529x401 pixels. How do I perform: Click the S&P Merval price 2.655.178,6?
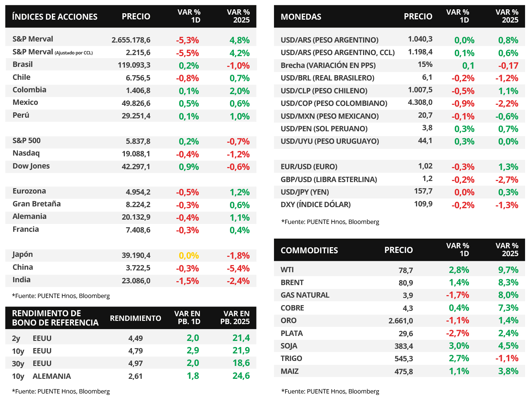pyautogui.click(x=131, y=40)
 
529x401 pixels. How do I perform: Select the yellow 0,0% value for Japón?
pyautogui.click(x=189, y=255)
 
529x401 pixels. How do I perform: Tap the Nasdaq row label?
pyautogui.click(x=26, y=153)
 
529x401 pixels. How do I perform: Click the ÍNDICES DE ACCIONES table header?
pyautogui.click(x=55, y=17)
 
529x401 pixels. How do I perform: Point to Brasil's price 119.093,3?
pyautogui.click(x=134, y=65)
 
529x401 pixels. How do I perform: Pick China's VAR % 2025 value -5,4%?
pyautogui.click(x=238, y=268)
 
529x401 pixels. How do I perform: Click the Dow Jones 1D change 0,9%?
pyautogui.click(x=189, y=167)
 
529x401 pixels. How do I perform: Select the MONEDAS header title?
pyautogui.click(x=301, y=17)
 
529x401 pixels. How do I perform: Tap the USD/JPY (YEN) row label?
pyautogui.click(x=305, y=192)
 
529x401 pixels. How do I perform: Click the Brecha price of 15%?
pyautogui.click(x=425, y=65)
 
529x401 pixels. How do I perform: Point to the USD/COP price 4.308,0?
pyautogui.click(x=420, y=103)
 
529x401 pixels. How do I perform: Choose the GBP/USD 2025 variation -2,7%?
pyautogui.click(x=507, y=180)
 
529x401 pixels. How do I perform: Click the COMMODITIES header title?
pyautogui.click(x=309, y=250)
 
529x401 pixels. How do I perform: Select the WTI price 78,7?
pyautogui.click(x=406, y=270)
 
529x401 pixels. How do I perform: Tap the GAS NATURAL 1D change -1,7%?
pyautogui.click(x=457, y=295)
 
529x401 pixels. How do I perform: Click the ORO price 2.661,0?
pyautogui.click(x=401, y=321)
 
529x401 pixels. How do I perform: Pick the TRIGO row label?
pyautogui.click(x=292, y=358)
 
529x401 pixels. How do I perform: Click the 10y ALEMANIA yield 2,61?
pyautogui.click(x=135, y=376)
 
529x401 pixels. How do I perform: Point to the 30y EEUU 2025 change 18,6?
pyautogui.click(x=241, y=363)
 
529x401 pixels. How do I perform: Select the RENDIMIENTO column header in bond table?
pyautogui.click(x=136, y=318)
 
